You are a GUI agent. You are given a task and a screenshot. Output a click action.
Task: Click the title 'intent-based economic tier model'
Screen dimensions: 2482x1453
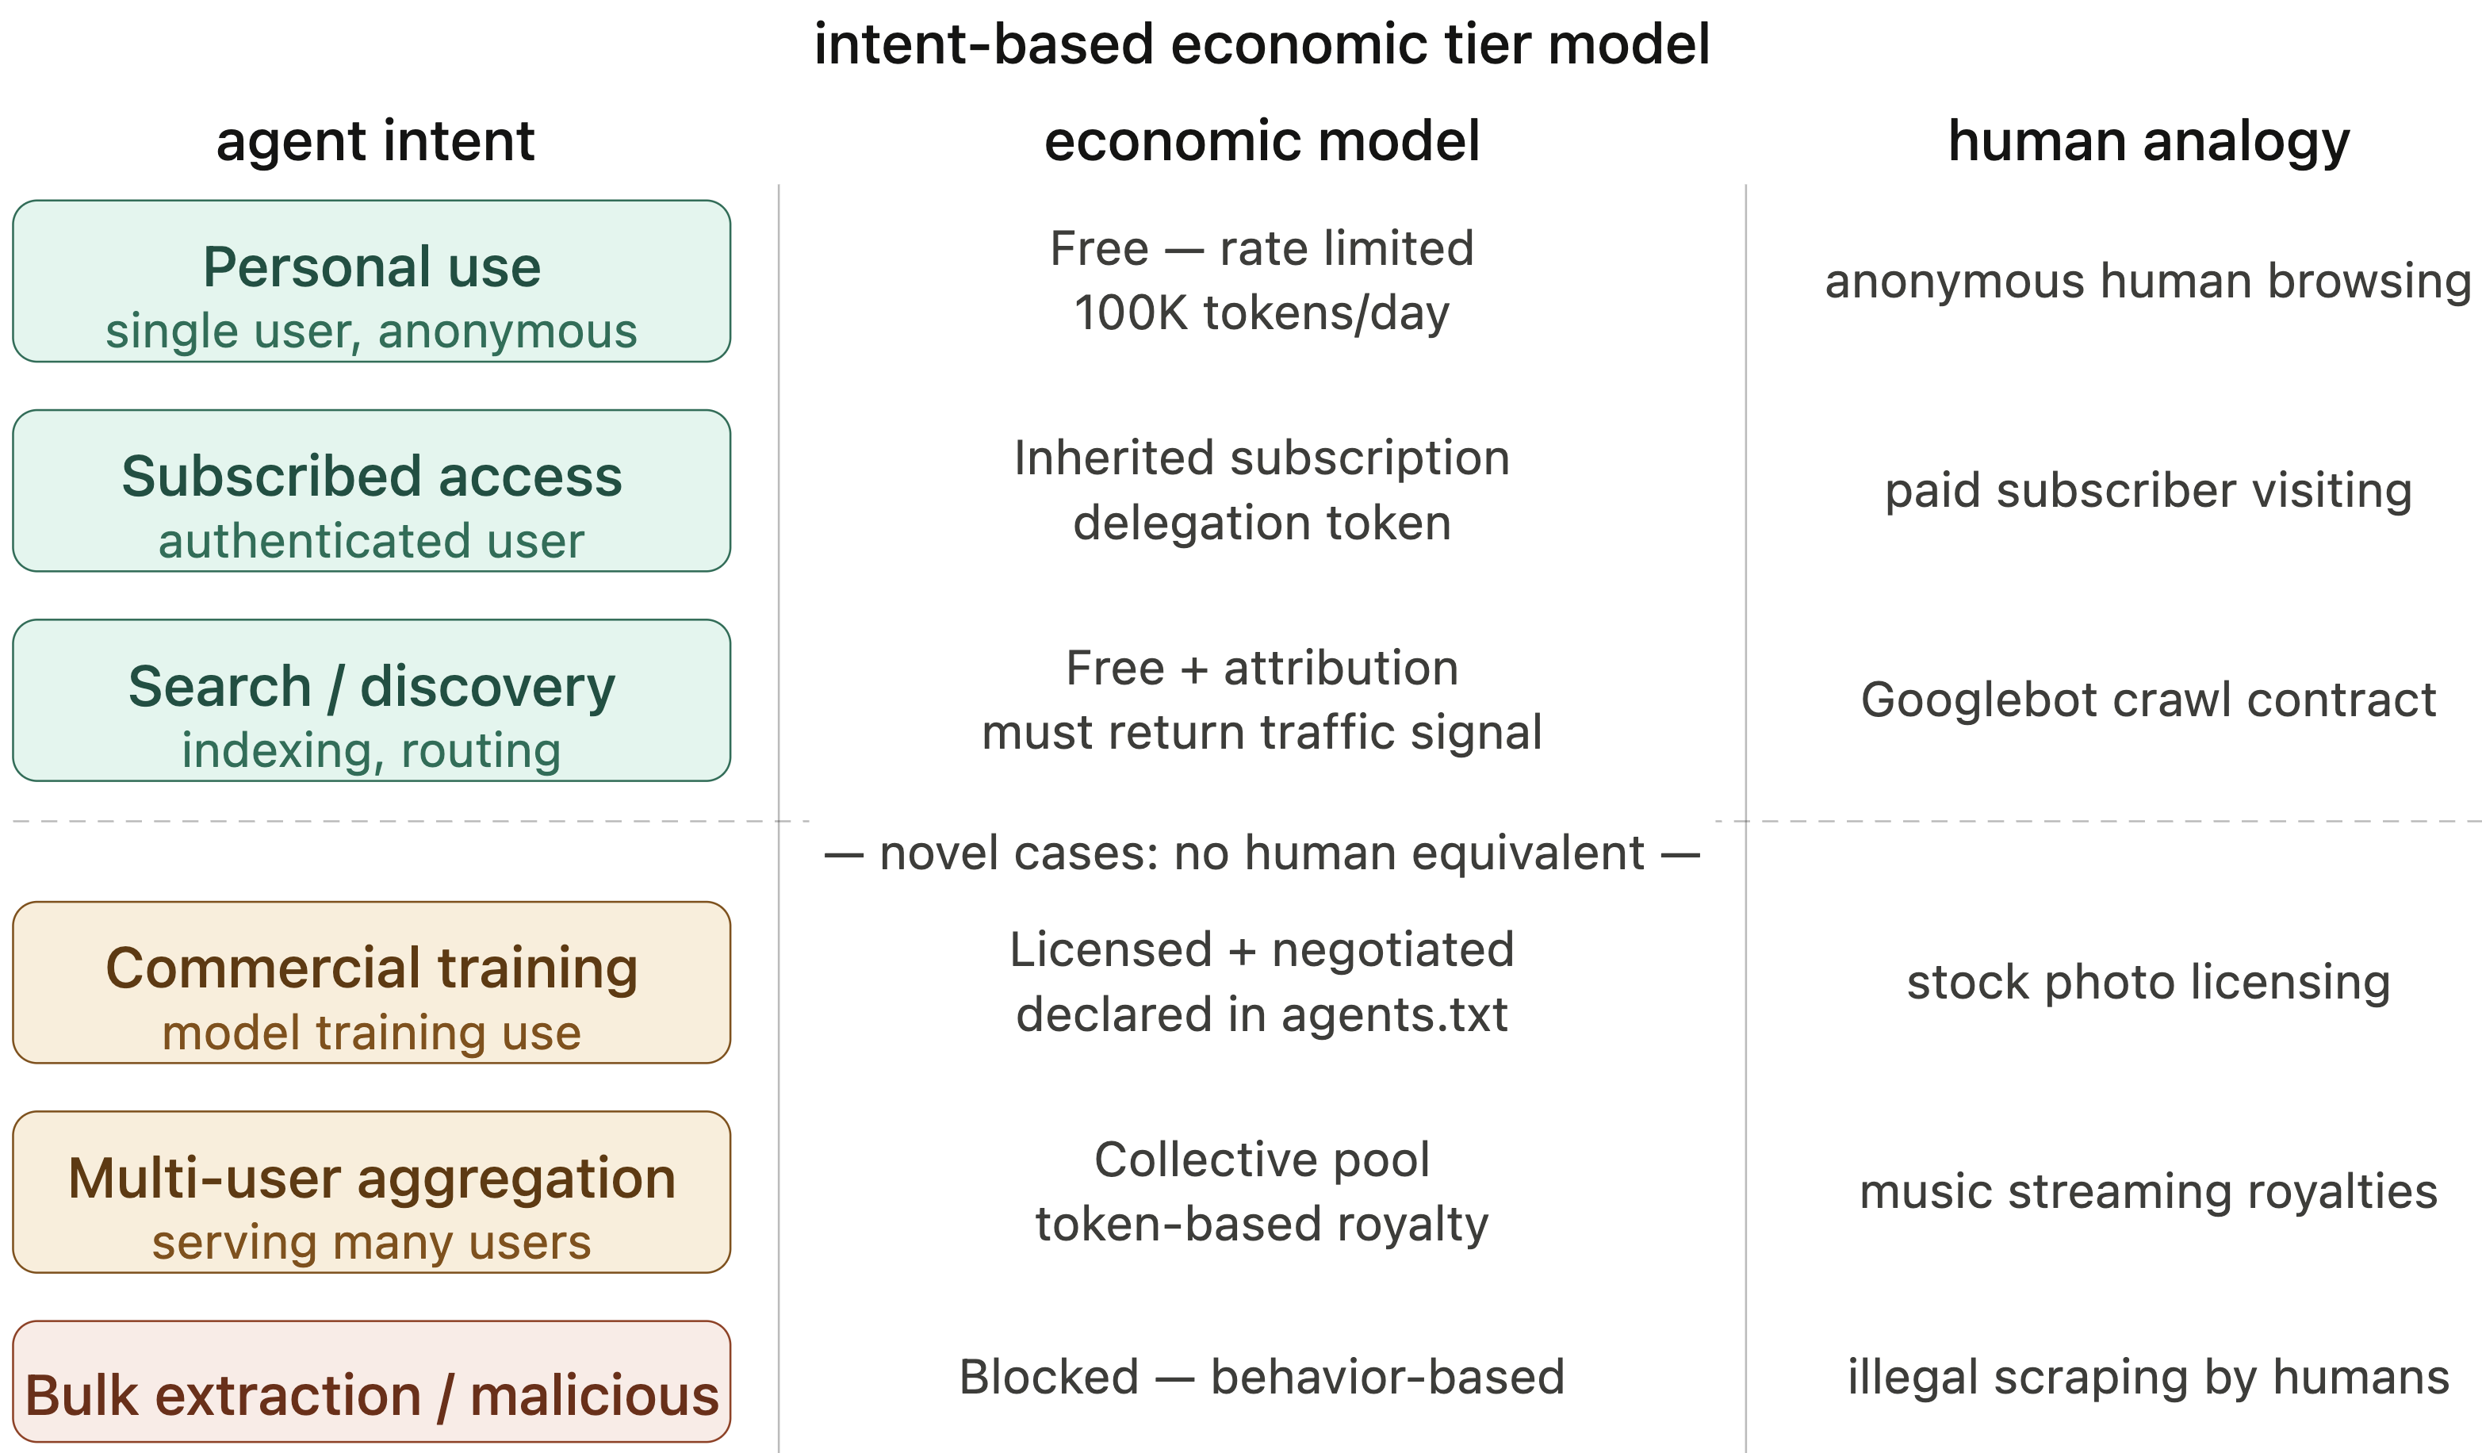pos(1262,45)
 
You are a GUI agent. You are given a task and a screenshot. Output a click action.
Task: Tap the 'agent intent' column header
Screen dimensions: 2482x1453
pos(375,141)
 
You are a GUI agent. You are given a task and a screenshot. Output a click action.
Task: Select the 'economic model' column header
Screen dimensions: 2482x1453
pos(1262,141)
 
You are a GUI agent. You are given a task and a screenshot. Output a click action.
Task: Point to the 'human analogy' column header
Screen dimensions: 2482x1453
pos(2149,141)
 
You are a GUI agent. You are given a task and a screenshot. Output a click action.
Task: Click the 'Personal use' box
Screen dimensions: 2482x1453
pos(371,281)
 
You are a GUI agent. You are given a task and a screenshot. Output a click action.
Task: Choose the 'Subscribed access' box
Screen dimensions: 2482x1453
pos(371,491)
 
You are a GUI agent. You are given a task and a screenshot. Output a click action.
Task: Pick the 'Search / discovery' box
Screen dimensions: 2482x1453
pos(371,700)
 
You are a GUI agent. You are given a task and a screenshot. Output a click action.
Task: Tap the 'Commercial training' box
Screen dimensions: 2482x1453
pos(371,982)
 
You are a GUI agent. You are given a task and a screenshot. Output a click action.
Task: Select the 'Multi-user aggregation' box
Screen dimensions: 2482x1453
pos(371,1192)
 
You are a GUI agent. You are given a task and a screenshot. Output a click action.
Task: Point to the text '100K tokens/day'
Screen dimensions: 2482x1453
pos(1262,313)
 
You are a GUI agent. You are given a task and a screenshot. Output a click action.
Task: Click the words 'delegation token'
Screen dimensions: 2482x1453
pos(1262,523)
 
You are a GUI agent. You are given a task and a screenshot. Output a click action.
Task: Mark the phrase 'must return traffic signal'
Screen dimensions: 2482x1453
pos(1262,733)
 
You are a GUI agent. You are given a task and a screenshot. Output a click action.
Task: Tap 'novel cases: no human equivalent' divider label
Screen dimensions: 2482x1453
pos(1262,853)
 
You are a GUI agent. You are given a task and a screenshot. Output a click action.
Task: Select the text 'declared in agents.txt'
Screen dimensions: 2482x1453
pos(1262,1014)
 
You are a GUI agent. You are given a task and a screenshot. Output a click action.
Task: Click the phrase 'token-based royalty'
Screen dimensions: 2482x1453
pos(1262,1225)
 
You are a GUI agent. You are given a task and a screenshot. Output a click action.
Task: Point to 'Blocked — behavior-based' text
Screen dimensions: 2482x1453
pos(1262,1377)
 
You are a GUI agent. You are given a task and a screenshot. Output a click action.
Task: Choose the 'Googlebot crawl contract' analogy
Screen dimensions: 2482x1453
pos(2148,700)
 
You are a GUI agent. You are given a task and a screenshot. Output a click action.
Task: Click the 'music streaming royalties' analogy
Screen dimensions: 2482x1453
pos(2148,1192)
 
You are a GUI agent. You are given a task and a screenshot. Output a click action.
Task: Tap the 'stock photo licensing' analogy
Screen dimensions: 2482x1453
pos(2148,982)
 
